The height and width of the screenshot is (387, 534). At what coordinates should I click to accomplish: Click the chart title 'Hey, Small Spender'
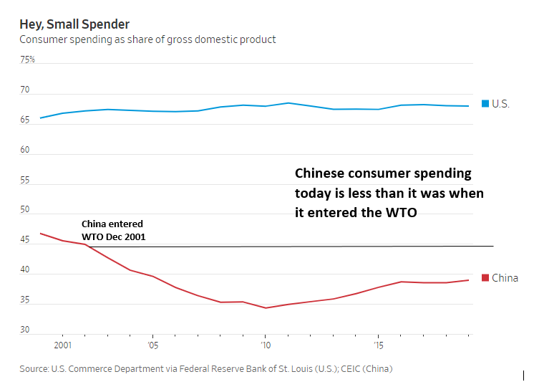(x=74, y=24)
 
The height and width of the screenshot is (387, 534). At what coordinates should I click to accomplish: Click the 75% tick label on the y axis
(x=27, y=59)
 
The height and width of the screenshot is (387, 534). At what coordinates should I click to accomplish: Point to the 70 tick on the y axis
(x=25, y=90)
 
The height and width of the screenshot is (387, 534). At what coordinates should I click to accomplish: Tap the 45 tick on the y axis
(x=25, y=240)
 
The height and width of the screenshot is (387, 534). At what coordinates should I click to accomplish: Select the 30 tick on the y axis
(x=25, y=330)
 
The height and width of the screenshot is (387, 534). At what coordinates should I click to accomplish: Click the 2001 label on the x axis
(x=62, y=345)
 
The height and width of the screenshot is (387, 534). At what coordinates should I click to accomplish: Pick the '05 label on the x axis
(x=152, y=345)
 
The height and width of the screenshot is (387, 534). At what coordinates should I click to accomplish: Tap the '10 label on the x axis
(x=265, y=345)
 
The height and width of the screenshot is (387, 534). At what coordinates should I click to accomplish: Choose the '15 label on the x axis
(x=378, y=345)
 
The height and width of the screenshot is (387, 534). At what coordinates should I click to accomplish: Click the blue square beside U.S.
(x=485, y=104)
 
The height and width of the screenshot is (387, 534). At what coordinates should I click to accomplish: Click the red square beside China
(x=485, y=278)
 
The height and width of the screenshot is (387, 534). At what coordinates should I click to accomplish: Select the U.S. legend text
(x=501, y=104)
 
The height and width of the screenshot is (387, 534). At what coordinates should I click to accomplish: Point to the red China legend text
(x=505, y=278)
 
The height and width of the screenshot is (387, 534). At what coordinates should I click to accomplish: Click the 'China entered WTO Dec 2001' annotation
(x=113, y=229)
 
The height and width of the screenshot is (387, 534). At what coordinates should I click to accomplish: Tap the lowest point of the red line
(x=265, y=308)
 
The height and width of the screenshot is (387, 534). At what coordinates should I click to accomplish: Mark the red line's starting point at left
(x=40, y=233)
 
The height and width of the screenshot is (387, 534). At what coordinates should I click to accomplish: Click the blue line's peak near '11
(x=288, y=102)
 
